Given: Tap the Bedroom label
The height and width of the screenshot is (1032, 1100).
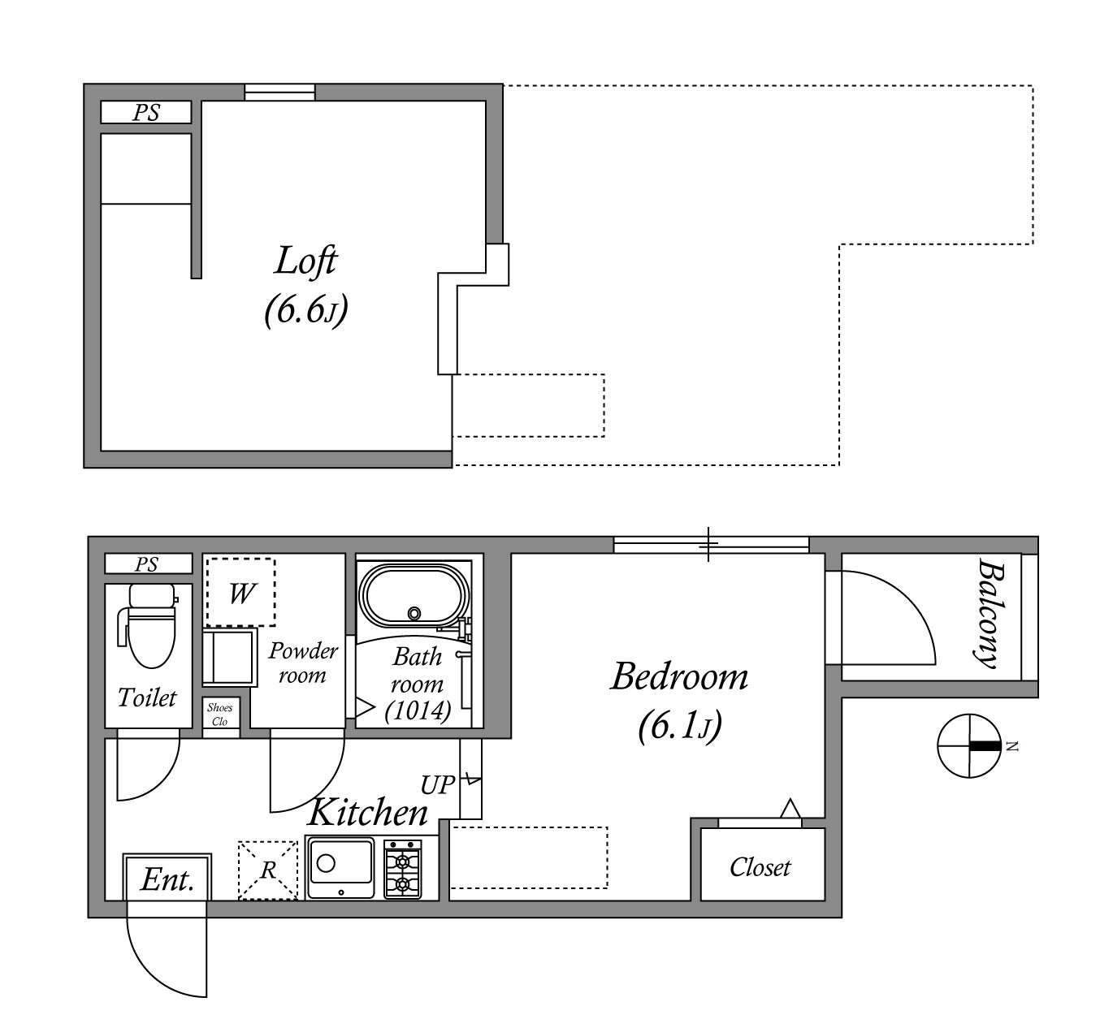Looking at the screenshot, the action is coord(679,676).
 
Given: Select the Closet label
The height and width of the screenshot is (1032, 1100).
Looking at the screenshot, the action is coord(760,867).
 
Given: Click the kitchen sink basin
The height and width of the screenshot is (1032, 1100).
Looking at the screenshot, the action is coord(340,867).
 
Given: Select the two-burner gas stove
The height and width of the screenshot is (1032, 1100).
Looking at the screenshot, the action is coord(403,868).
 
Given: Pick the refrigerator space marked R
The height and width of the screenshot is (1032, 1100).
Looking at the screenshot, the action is coord(268,870).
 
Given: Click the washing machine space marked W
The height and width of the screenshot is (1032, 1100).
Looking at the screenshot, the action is coord(241,592).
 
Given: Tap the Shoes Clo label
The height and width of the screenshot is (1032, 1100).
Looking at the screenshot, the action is coord(220,715).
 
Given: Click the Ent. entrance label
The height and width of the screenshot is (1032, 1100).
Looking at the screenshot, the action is coord(167,879).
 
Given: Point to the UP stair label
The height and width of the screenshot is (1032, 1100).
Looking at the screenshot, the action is coord(437,784).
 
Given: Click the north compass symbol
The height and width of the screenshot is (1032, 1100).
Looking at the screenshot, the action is coord(970,745).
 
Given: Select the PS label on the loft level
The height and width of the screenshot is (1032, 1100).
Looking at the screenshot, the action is coord(146,112).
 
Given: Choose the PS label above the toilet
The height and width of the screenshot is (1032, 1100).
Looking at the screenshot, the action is coord(147,564).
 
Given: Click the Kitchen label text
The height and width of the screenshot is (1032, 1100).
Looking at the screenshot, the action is coord(368,812).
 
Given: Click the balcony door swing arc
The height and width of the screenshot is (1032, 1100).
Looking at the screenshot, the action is coord(908,598).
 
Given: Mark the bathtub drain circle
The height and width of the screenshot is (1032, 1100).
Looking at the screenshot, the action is coord(414,613).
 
